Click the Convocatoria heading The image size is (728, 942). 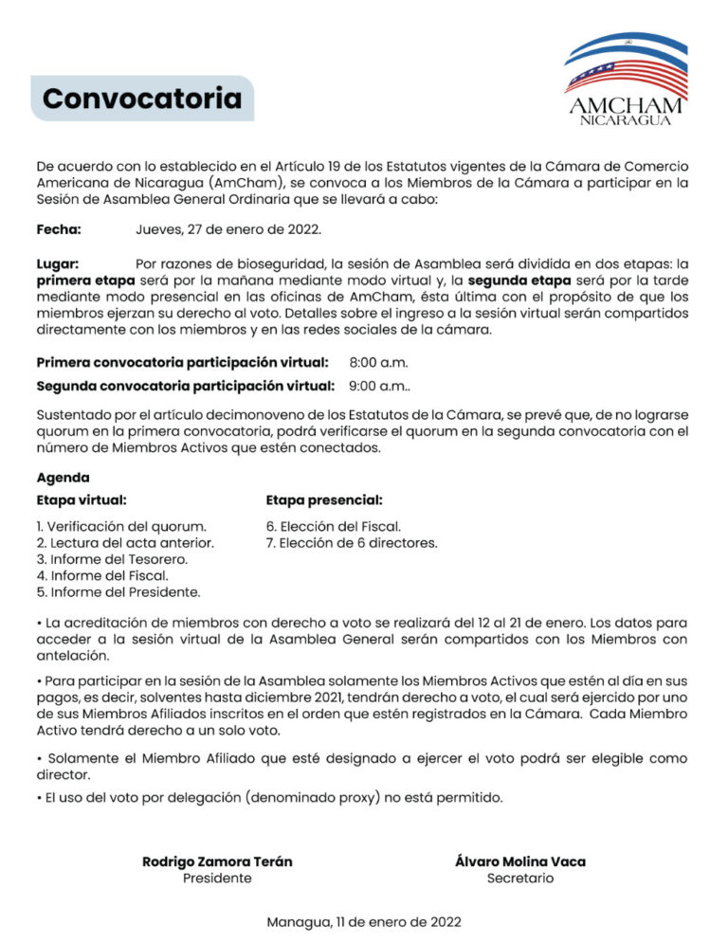click(142, 99)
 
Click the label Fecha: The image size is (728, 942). click(59, 229)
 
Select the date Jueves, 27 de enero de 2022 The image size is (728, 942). click(228, 229)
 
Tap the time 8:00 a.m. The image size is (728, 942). click(377, 362)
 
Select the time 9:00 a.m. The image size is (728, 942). click(379, 386)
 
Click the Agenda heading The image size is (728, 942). click(64, 478)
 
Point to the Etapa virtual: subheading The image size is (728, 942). click(82, 500)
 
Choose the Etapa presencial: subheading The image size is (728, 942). click(324, 500)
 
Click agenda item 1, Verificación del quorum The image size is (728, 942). click(121, 526)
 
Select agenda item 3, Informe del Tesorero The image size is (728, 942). click(112, 559)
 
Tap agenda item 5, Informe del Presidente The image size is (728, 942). click(118, 592)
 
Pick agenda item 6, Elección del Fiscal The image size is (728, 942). click(334, 526)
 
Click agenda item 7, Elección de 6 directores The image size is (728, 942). click(352, 543)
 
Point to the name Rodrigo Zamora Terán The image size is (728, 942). click(217, 861)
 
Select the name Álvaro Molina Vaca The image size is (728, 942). click(520, 861)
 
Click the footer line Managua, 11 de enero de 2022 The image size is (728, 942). click(364, 921)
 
